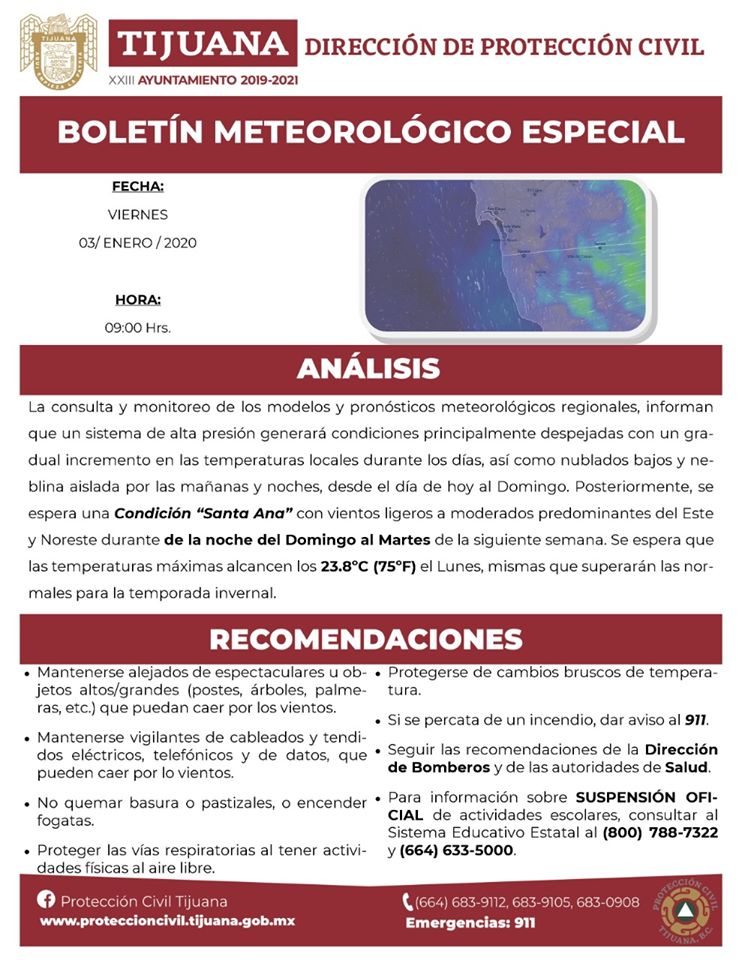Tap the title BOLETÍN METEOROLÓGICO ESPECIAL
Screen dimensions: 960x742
(371, 132)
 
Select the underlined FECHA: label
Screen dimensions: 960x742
(138, 186)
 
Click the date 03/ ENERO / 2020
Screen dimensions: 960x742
(138, 242)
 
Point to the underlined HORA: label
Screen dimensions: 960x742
(138, 299)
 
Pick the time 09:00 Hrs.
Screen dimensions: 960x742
(138, 327)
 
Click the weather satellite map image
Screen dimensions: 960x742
(508, 256)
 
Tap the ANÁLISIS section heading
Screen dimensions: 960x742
(368, 368)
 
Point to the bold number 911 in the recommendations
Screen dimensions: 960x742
(695, 720)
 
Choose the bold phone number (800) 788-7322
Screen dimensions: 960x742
(660, 832)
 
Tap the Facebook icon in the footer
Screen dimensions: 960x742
(45, 900)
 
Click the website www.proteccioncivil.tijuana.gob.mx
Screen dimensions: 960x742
(166, 921)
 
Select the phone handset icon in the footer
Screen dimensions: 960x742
(408, 902)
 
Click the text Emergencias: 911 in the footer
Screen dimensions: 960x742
(470, 923)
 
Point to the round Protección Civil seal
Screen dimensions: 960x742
(687, 910)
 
